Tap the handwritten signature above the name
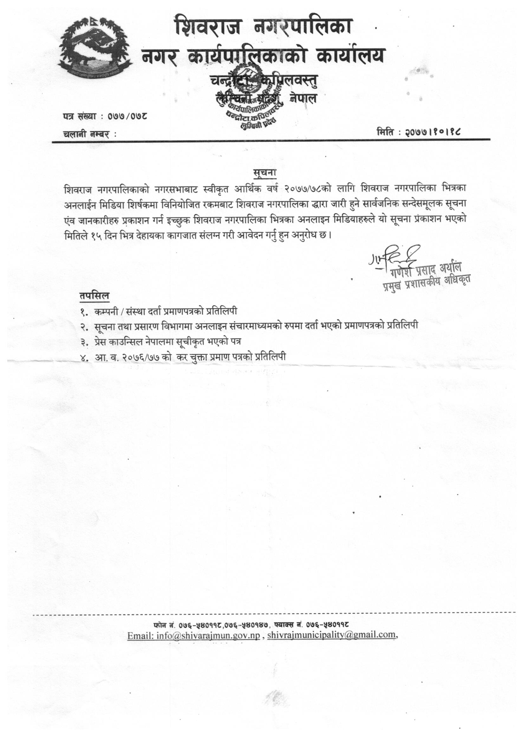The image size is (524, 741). [392, 257]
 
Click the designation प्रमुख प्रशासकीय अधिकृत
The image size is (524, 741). [426, 282]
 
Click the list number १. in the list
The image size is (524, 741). [85, 312]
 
